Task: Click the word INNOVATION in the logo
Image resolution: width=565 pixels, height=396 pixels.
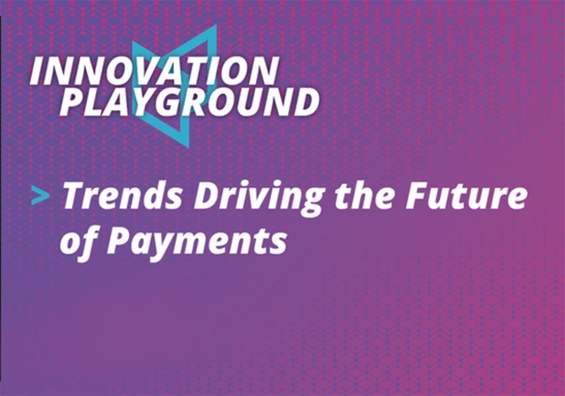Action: click(154, 71)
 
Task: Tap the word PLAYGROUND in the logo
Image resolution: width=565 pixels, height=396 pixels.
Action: click(189, 102)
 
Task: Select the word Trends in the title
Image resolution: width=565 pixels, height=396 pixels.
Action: click(123, 196)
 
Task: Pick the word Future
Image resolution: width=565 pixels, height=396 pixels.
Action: click(466, 196)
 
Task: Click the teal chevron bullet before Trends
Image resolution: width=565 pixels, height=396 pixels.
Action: click(40, 196)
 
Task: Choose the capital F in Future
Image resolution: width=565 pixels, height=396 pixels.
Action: click(418, 196)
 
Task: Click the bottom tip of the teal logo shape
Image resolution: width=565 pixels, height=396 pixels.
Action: click(188, 147)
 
